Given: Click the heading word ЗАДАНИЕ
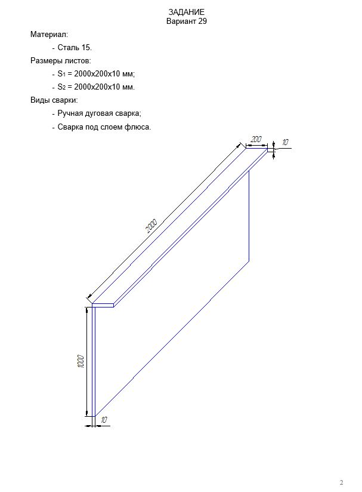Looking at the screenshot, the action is [x=187, y=12].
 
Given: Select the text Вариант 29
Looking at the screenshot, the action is [x=187, y=21].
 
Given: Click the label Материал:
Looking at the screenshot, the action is [x=49, y=34].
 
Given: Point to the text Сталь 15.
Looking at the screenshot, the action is [x=75, y=48].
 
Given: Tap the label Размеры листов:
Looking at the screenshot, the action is [x=60, y=60].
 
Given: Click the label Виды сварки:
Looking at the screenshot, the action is [x=54, y=100].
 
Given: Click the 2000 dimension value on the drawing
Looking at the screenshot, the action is [x=151, y=226].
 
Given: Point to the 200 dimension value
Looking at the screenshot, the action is [x=256, y=139].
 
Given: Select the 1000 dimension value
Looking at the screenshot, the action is [x=81, y=361].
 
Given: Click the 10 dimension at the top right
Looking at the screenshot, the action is [x=285, y=142].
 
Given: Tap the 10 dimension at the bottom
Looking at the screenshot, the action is [x=104, y=420].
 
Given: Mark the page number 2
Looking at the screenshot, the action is [x=342, y=482].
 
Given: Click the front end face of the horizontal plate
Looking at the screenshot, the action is [x=103, y=305].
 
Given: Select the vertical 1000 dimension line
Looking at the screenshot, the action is [x=86, y=361].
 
